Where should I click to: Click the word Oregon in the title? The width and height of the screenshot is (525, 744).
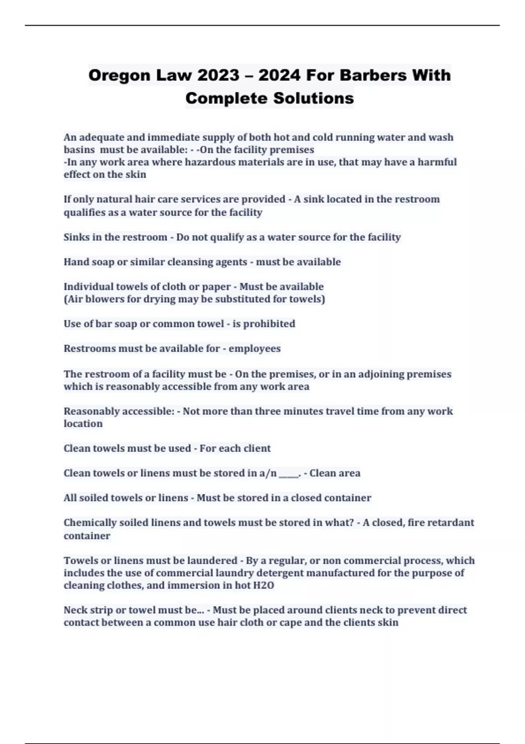[113, 76]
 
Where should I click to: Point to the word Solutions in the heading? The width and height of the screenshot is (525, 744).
[314, 98]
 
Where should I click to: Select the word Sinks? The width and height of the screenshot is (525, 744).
[77, 237]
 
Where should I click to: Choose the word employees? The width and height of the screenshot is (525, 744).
[255, 349]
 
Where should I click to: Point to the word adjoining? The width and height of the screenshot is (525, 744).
[381, 374]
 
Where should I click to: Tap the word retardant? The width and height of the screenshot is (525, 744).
[452, 523]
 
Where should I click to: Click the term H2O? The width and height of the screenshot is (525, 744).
[264, 586]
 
